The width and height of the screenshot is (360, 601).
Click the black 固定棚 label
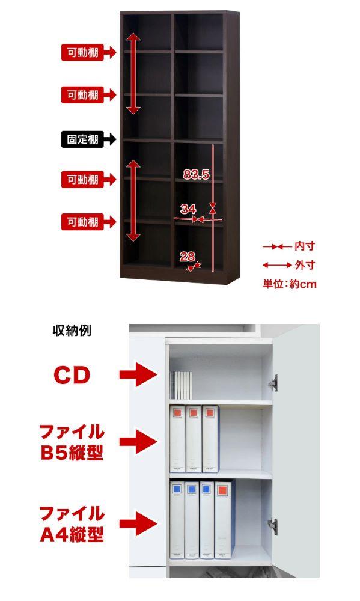click(83, 139)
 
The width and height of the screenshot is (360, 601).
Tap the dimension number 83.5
click(196, 175)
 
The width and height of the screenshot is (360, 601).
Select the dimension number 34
click(188, 209)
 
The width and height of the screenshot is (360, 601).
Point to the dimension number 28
click(187, 257)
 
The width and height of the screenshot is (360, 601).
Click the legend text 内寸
click(305, 246)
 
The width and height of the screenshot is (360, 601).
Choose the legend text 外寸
click(305, 265)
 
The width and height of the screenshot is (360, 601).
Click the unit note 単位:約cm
click(290, 284)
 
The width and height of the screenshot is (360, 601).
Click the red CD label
click(72, 375)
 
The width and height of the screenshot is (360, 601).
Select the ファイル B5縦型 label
click(72, 442)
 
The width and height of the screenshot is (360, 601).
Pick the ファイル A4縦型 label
click(72, 524)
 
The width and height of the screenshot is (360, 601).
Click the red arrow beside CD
click(138, 374)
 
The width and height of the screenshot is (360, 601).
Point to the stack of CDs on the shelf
click(181, 386)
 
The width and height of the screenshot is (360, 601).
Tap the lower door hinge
click(273, 526)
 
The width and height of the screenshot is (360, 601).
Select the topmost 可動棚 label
click(83, 52)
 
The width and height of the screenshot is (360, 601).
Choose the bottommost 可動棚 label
click(83, 222)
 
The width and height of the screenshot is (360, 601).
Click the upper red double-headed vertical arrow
click(133, 73)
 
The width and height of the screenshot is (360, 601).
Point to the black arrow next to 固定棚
click(109, 139)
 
